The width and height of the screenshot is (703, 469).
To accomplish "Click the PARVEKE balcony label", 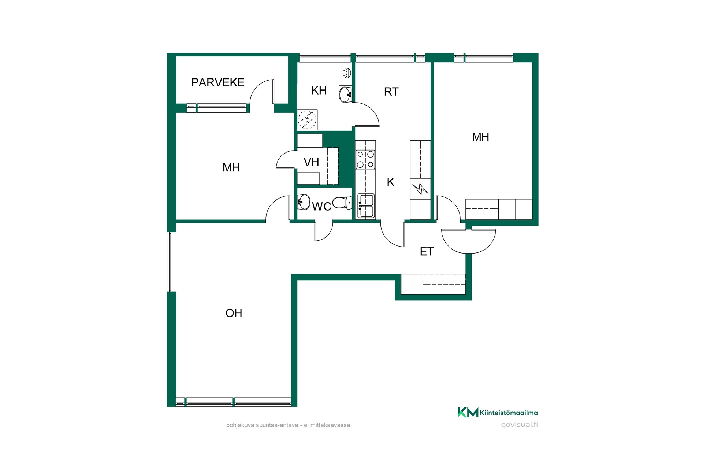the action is tap(218, 82).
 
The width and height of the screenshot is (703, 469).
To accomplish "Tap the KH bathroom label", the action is tap(319, 91).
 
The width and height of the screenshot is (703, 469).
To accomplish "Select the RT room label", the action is tap(391, 92).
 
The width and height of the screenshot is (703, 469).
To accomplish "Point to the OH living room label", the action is tap(234, 313).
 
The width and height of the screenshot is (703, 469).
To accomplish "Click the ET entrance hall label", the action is tap(427, 252).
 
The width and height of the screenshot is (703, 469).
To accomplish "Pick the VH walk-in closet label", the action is tap(311, 162).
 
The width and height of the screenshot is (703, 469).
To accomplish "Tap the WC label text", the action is tap(321, 207).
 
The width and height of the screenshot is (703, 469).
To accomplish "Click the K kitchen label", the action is tap(390, 182).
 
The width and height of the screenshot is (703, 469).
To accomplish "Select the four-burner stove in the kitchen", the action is tap(365, 159).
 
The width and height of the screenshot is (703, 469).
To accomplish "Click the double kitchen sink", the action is tap(366, 206).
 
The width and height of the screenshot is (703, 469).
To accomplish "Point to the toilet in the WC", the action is tap(342, 203).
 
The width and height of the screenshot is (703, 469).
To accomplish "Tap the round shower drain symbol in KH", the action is tap(307, 119).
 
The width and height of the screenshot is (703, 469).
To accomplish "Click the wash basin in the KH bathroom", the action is tap(345, 95).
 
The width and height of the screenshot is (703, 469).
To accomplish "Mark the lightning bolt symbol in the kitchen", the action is tap(420, 189).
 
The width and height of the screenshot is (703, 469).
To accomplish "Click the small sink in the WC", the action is tap(304, 202).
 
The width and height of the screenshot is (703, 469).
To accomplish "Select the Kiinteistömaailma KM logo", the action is tap(498, 413).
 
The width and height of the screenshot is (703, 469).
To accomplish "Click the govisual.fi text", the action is tap(519, 425).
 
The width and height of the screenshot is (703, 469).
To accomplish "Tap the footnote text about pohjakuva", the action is tap(288, 425).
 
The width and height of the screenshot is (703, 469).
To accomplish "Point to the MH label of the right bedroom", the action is tap(480, 137).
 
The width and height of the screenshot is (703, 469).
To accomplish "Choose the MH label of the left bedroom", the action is tap(231, 168).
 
